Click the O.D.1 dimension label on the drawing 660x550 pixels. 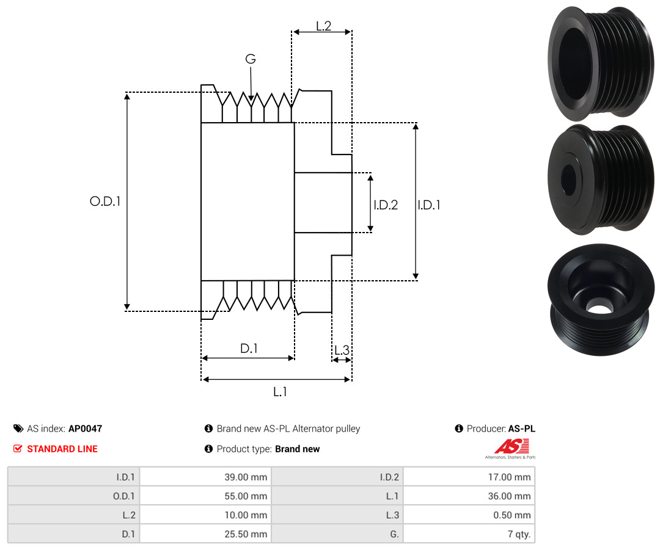click(x=105, y=201)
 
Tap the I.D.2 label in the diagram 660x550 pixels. click(x=386, y=205)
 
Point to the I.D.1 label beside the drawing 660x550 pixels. click(x=429, y=205)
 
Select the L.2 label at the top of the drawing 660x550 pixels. click(x=323, y=26)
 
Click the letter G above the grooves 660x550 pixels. click(x=250, y=59)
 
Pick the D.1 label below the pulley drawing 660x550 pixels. click(x=249, y=349)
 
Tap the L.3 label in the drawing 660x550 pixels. click(x=342, y=350)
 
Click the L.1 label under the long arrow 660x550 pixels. click(x=280, y=392)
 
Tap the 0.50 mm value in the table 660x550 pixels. click(x=513, y=515)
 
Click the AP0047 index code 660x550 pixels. click(x=85, y=429)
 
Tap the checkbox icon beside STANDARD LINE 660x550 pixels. click(x=18, y=449)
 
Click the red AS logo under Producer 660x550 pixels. click(x=506, y=446)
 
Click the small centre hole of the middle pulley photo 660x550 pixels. click(x=568, y=178)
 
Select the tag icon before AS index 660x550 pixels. click(x=18, y=429)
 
